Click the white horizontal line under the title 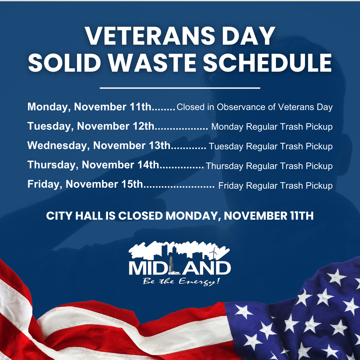point(180,88)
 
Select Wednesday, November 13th point(99,146)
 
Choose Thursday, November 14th point(94,165)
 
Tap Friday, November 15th point(85,184)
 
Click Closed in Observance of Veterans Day point(255,107)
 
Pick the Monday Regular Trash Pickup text point(272,127)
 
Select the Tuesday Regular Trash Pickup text point(271,146)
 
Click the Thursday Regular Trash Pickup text point(269,166)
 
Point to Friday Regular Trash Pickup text point(275,186)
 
